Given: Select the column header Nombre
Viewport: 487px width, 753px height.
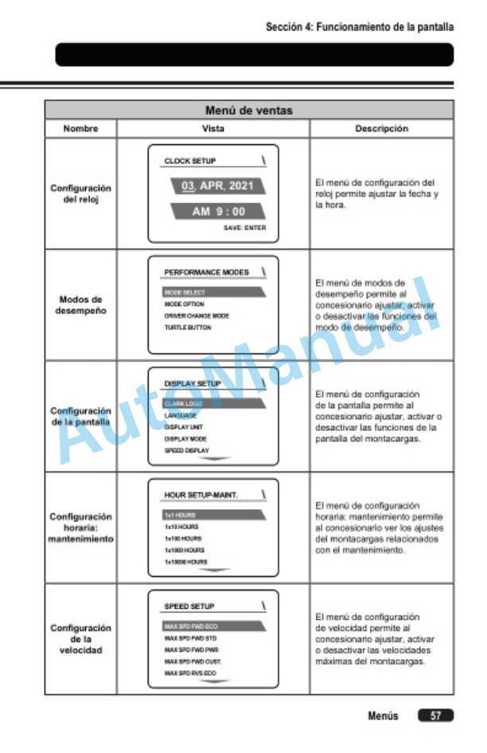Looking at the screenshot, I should (x=80, y=127).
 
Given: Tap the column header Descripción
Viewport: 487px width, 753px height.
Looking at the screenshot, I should (x=381, y=127).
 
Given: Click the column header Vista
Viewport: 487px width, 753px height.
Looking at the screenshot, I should (x=213, y=127).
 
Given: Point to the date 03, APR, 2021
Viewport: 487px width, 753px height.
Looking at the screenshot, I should (x=212, y=186).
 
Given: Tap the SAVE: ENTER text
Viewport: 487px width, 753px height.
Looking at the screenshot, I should (x=244, y=228).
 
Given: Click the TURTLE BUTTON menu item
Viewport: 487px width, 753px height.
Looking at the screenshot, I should (x=188, y=327).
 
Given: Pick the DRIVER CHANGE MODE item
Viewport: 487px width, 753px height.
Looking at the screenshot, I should (x=197, y=316).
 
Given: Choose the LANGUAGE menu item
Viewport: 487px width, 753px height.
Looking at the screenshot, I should (x=181, y=415).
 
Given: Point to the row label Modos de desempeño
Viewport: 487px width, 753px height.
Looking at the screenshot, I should (x=80, y=305).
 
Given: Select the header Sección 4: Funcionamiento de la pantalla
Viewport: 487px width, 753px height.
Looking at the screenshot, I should (x=360, y=26).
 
